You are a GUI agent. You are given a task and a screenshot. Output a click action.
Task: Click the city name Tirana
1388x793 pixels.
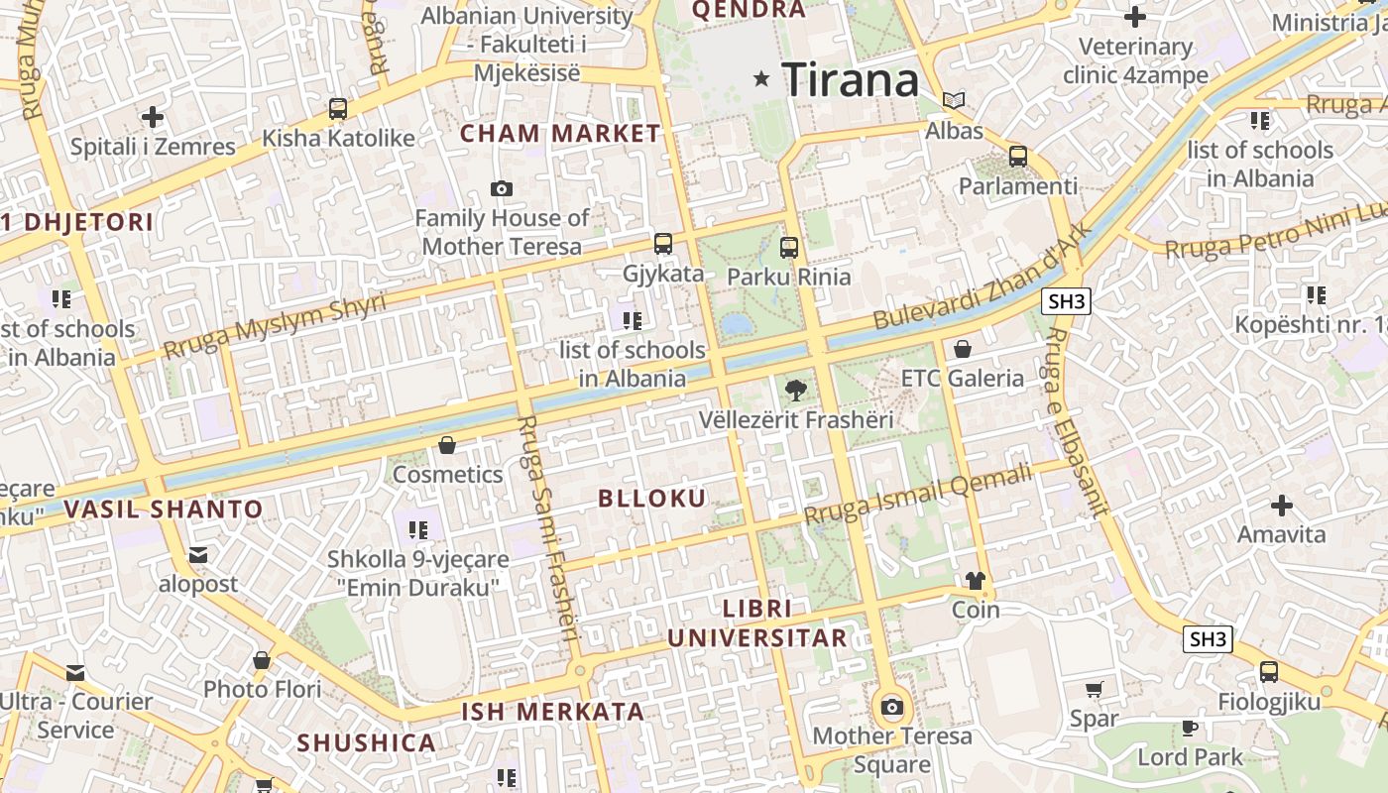[851, 79]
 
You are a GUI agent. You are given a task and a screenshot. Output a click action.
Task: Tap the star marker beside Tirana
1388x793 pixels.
[761, 78]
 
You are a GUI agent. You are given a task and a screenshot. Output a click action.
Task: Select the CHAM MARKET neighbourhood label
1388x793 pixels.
[560, 134]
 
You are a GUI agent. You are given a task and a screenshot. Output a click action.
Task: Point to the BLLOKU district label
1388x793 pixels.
[652, 499]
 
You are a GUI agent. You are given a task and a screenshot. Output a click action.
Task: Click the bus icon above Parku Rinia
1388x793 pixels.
[789, 248]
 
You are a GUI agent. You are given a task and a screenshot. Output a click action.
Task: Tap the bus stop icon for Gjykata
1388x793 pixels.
[663, 244]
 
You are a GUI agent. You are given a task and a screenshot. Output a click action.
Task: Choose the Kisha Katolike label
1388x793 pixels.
[338, 138]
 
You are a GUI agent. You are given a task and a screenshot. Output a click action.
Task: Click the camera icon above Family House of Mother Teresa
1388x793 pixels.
[502, 188]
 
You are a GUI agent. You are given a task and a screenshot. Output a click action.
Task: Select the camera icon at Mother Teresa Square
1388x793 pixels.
[892, 707]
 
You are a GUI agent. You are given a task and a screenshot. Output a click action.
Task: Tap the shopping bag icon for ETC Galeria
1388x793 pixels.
[962, 349]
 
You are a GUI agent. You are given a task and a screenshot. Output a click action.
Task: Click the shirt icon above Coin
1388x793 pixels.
[976, 581]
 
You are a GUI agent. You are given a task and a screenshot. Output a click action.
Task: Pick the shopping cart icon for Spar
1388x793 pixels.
[1095, 690]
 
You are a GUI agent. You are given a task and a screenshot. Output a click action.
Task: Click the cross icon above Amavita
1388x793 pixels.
[1282, 506]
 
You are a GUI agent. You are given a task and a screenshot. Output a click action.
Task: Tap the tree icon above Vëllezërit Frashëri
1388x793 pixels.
[795, 391]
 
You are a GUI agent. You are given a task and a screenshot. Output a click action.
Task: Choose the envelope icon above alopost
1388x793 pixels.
[198, 555]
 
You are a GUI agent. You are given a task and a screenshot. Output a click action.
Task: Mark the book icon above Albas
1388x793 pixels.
[954, 101]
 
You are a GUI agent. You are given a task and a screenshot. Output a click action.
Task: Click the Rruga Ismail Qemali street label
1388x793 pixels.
[917, 497]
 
